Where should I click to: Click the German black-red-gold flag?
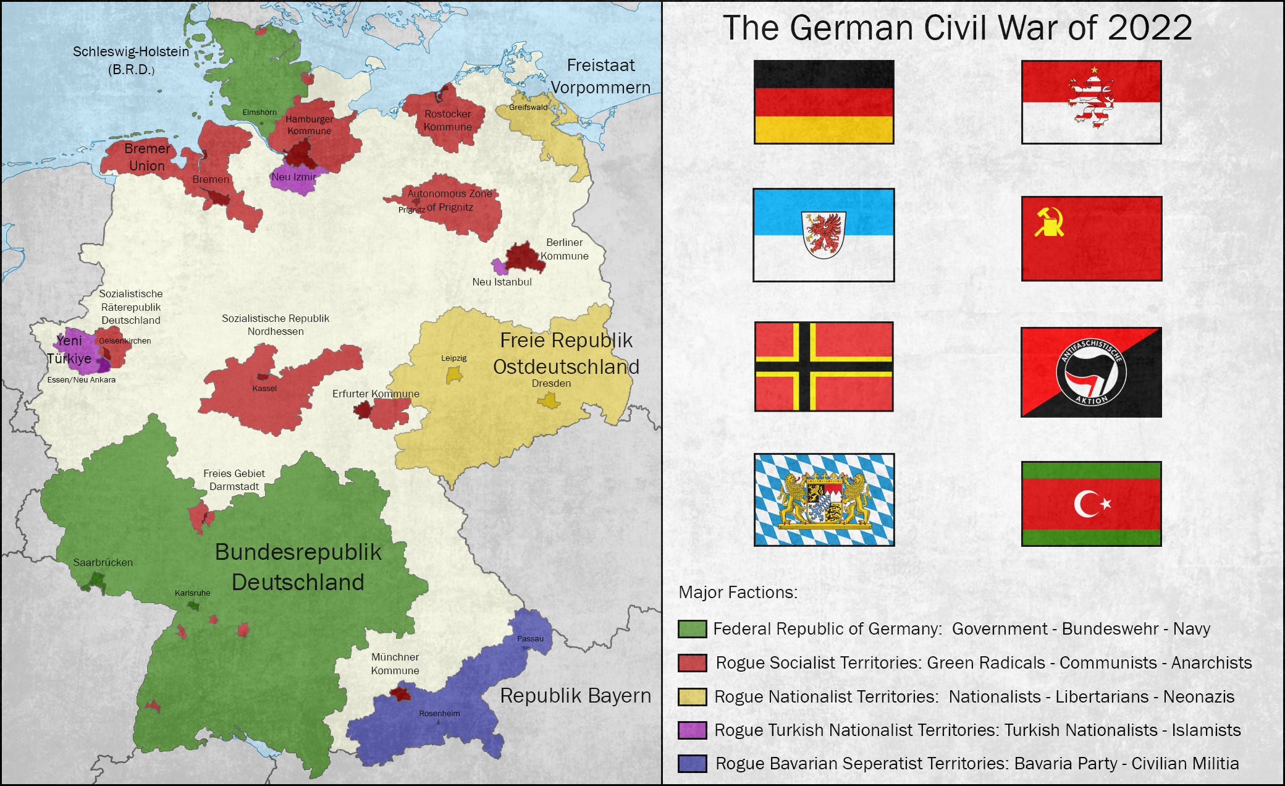point(824,102)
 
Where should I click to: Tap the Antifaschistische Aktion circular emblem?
point(1091,373)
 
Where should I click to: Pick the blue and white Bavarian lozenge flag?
point(824,499)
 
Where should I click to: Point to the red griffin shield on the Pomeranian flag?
point(824,234)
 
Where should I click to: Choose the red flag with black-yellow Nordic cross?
point(824,366)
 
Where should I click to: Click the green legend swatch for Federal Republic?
point(692,629)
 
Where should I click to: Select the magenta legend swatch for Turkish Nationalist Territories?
point(692,730)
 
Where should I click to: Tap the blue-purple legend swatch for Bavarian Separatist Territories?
point(692,764)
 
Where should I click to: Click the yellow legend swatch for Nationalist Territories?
point(692,697)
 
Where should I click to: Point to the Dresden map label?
point(551,383)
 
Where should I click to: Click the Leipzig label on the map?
point(453,358)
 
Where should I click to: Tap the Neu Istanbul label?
point(502,282)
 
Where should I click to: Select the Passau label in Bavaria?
point(530,638)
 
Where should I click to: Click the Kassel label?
point(264,388)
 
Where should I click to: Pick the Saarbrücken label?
point(103,562)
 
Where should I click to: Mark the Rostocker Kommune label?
point(448,120)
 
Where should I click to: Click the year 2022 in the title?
point(1149,28)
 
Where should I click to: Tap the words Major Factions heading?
point(738,593)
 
